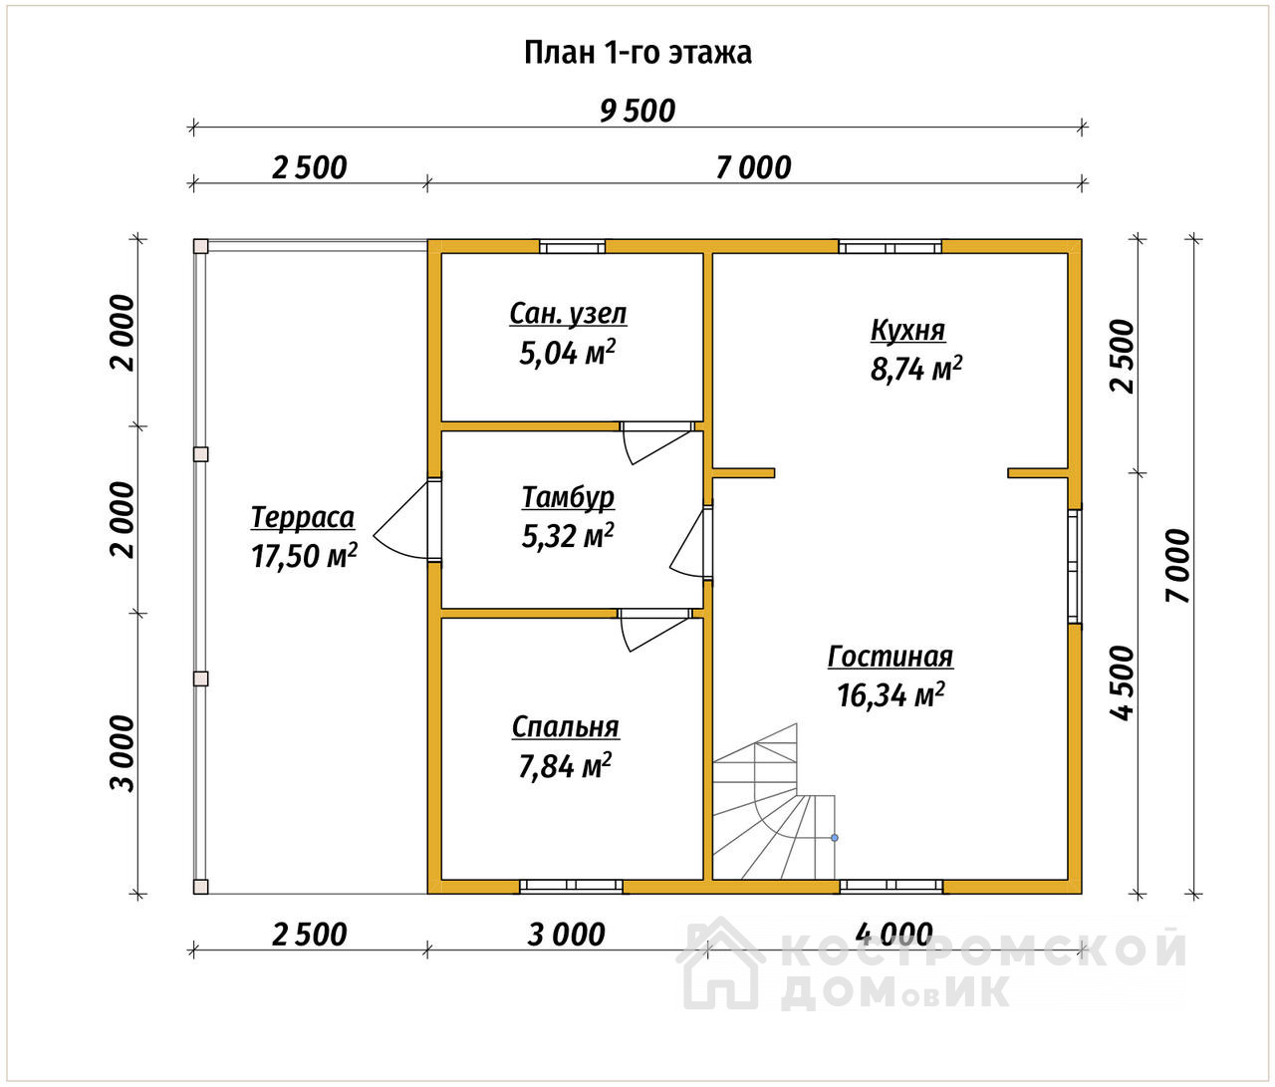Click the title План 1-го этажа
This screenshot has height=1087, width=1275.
637,54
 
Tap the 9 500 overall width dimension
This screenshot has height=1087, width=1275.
637,112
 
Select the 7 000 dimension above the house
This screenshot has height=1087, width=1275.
754,167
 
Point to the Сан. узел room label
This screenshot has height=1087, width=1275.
568,314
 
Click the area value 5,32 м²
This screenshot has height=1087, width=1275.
568,535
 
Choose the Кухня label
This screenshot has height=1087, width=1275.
908,330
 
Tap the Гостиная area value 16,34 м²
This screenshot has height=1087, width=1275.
891,694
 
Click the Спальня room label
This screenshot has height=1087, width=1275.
566,727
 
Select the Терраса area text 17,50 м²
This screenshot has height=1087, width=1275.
304,555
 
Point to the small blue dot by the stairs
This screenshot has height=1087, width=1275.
835,838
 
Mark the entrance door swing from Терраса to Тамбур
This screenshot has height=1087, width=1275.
404,519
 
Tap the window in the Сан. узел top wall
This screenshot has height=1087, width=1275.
573,247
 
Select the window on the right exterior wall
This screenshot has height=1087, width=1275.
1075,566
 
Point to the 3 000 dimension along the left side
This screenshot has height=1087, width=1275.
123,753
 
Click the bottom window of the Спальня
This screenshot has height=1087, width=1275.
571,886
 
